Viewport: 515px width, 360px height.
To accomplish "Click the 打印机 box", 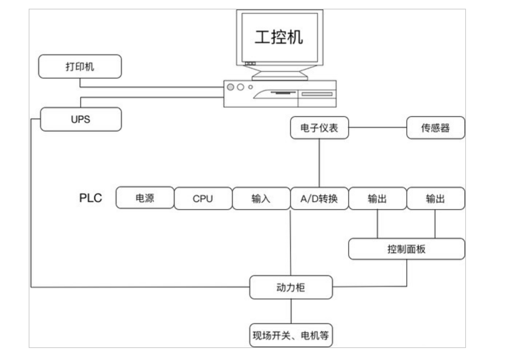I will point(80,66).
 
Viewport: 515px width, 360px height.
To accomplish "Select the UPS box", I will point(81,119).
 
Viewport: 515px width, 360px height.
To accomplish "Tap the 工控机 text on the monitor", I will point(279,37).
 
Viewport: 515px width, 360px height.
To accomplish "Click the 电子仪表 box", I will point(319,128).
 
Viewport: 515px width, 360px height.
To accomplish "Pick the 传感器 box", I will point(435,128).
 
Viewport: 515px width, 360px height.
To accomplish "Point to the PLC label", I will point(90,198).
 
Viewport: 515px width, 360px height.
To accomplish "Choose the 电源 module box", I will point(145,198).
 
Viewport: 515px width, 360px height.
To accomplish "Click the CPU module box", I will point(203,198).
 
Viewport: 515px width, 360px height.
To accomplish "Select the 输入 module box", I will point(261,198).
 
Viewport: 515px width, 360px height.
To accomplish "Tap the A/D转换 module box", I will point(319,198).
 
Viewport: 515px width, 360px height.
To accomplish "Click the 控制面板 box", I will point(406,249).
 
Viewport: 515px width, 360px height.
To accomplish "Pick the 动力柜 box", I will point(291,287).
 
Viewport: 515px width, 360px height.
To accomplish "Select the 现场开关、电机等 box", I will point(291,335).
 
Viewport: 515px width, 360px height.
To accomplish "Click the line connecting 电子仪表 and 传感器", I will point(377,128).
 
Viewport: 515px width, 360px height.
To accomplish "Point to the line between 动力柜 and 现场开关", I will point(291,311).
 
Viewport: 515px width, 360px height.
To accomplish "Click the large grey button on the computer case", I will point(230,87).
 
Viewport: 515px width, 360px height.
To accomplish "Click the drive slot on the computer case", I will point(317,94).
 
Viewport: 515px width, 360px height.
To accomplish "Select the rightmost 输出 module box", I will point(435,198).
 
